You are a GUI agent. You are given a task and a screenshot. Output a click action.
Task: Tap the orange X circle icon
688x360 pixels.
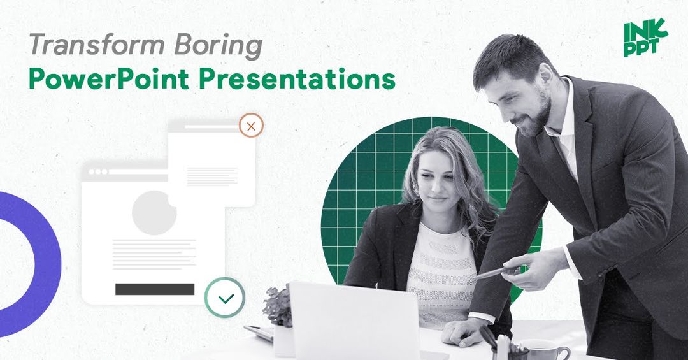pos(251,126)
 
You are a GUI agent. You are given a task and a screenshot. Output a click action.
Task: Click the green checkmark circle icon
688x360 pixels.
pos(225,298)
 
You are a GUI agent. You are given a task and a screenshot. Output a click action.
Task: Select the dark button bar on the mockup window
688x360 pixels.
pos(155,289)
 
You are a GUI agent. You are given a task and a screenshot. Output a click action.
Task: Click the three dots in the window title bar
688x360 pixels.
pos(98,172)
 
